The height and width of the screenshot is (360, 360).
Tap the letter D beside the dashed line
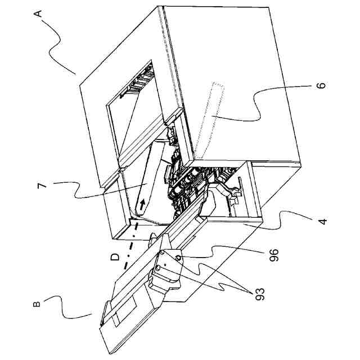[x=115, y=257]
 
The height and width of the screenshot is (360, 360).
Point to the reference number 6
[x=322, y=87]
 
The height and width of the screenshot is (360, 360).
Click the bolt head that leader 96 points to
[x=178, y=258]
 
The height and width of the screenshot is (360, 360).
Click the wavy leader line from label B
[x=73, y=307]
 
